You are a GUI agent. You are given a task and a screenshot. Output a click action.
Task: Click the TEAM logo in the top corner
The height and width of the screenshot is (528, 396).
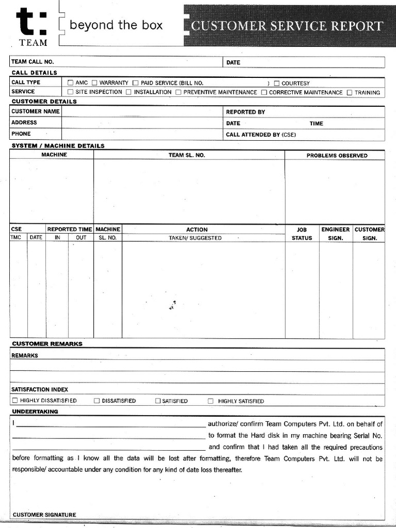[32, 26]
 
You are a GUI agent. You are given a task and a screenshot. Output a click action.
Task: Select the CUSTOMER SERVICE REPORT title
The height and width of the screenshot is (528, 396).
[287, 26]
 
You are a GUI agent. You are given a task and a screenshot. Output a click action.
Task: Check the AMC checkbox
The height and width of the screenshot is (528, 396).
[71, 82]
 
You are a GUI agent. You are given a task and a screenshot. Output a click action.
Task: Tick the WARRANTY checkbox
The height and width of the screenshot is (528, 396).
[94, 82]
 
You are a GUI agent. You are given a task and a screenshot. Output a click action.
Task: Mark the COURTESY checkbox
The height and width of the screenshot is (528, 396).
[277, 83]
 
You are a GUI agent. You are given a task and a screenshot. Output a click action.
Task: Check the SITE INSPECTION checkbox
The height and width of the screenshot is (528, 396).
[71, 92]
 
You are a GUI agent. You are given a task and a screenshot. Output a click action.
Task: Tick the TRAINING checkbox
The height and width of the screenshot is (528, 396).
[350, 93]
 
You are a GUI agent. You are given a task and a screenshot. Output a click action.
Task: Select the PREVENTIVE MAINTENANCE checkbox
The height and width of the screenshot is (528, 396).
[178, 92]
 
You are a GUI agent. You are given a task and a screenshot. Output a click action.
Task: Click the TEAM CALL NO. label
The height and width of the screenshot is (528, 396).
[32, 62]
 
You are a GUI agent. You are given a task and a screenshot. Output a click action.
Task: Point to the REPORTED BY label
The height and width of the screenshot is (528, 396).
[245, 112]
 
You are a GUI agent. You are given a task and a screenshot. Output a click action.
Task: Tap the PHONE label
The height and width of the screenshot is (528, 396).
[21, 134]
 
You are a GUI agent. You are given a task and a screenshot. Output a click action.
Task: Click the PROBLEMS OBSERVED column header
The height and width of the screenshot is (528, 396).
[337, 155]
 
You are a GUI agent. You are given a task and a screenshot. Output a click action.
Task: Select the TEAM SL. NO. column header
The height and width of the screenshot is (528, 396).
[187, 155]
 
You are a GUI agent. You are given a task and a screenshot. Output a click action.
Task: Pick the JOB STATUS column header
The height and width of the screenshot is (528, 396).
[302, 234]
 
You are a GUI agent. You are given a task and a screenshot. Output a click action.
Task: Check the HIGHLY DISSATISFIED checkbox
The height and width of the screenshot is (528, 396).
[15, 401]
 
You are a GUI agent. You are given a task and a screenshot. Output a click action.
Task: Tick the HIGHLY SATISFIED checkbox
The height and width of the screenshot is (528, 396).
[210, 401]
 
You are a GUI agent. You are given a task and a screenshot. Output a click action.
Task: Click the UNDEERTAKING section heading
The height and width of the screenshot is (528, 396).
[35, 411]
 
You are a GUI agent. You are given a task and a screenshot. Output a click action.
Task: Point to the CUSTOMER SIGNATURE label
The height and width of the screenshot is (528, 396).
[44, 515]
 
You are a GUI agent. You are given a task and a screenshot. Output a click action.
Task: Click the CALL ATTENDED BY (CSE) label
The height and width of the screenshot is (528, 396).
[261, 135]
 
